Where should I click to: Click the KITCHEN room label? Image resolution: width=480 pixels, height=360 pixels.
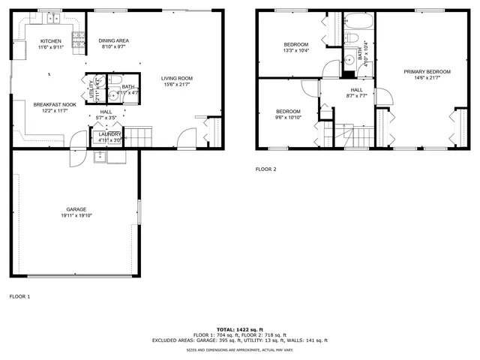pyautogui.click(x=50, y=41)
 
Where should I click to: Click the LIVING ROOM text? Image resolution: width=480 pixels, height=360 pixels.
pyautogui.click(x=177, y=78)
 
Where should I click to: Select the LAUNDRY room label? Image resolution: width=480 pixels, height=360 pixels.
pyautogui.click(x=109, y=133)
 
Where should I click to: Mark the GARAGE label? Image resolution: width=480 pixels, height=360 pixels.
pyautogui.click(x=75, y=209)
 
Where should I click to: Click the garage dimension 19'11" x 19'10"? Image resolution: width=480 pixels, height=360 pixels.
pyautogui.click(x=75, y=215)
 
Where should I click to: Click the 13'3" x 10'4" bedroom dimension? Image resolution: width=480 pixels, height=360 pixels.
pyautogui.click(x=295, y=50)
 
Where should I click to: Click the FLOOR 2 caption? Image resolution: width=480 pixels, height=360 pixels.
pyautogui.click(x=265, y=169)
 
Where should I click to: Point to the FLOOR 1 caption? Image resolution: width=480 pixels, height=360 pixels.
pyautogui.click(x=19, y=296)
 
